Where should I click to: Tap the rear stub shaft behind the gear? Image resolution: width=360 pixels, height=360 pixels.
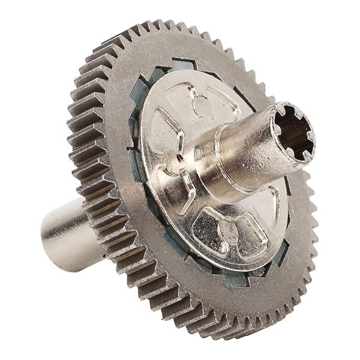point(66,233)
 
